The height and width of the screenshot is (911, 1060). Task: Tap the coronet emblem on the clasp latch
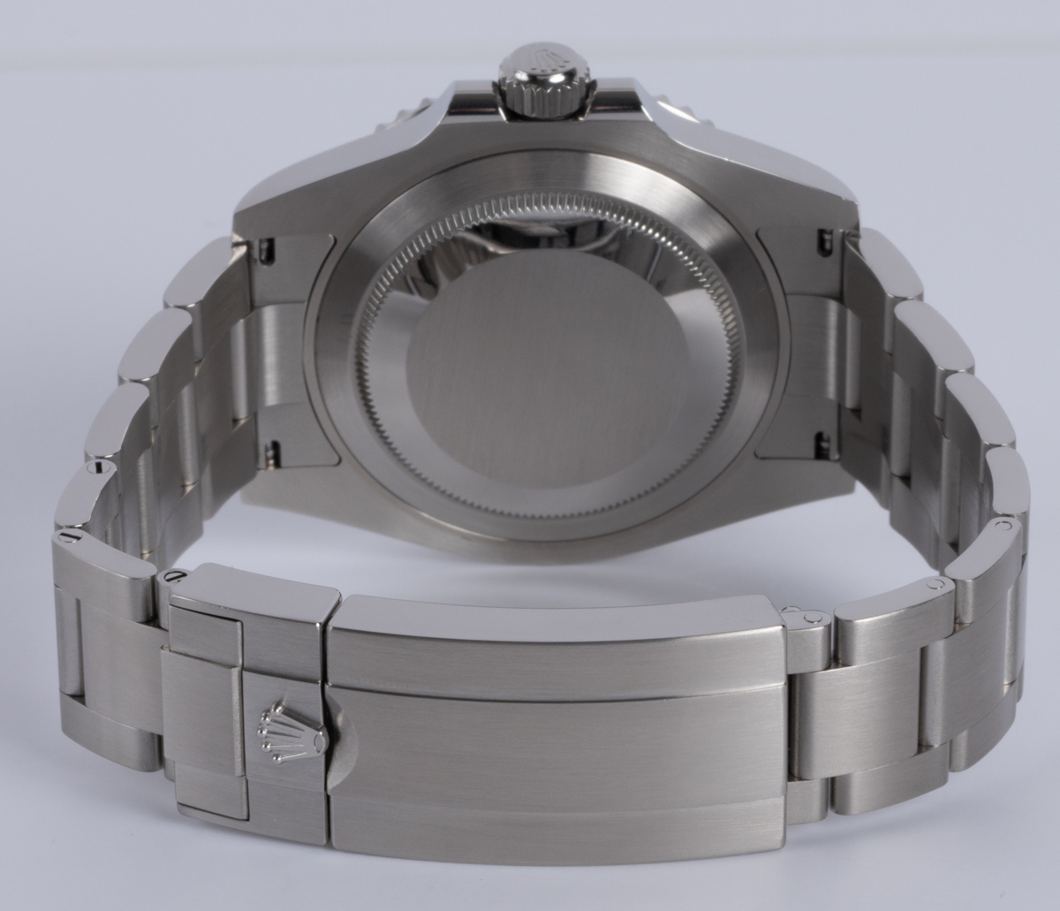(x=275, y=725)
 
